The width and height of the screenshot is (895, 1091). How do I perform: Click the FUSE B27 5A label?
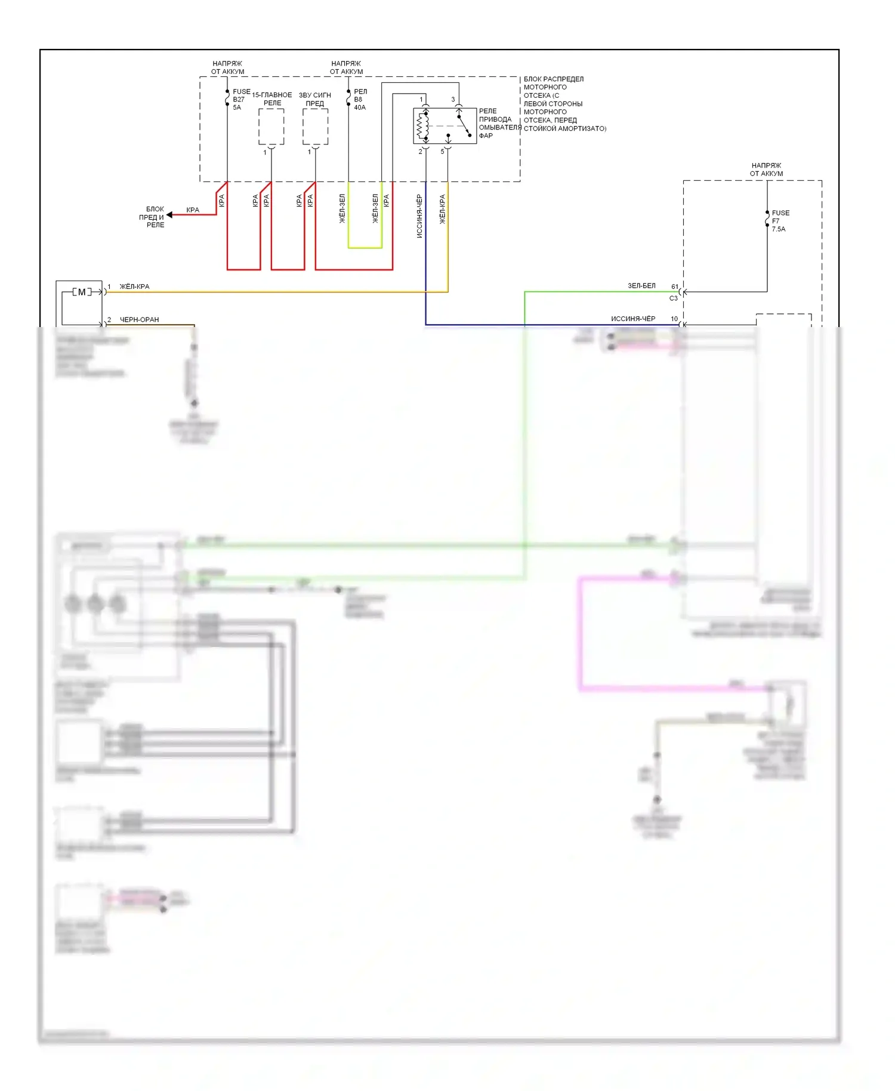pyautogui.click(x=240, y=100)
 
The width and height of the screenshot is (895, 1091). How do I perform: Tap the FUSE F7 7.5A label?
pyautogui.click(x=780, y=221)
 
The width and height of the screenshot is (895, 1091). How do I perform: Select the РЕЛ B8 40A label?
pyautogui.click(x=360, y=100)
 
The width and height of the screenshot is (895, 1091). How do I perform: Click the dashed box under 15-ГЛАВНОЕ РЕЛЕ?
pyautogui.click(x=271, y=127)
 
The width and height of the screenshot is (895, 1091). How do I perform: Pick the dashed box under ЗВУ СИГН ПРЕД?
pyautogui.click(x=315, y=127)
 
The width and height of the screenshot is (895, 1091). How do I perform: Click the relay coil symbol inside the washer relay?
pyautogui.click(x=422, y=125)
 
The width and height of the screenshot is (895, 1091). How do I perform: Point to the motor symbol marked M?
pyautogui.click(x=82, y=292)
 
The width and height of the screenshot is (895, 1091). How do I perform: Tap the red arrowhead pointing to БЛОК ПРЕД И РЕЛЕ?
pyautogui.click(x=170, y=215)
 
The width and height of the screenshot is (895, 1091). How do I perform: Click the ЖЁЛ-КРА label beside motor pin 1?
pyautogui.click(x=134, y=286)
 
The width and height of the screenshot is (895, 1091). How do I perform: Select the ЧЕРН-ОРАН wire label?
pyautogui.click(x=139, y=319)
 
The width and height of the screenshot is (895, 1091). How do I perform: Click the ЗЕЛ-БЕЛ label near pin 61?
pyautogui.click(x=641, y=286)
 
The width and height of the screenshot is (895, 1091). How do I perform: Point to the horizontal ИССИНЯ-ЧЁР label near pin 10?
pyautogui.click(x=633, y=319)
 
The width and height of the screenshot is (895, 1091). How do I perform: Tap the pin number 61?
pyautogui.click(x=675, y=286)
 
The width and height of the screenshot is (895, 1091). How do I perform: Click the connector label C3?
pyautogui.click(x=674, y=298)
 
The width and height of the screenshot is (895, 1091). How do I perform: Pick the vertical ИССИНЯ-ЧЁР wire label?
pyautogui.click(x=419, y=216)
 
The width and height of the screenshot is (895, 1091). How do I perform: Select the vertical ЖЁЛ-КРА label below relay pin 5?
pyautogui.click(x=443, y=209)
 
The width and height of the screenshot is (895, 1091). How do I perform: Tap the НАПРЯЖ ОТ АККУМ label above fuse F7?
pyautogui.click(x=766, y=169)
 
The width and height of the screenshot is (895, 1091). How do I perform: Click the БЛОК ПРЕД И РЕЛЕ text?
pyautogui.click(x=154, y=217)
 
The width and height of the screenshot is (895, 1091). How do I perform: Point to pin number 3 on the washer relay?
pyautogui.click(x=453, y=100)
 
